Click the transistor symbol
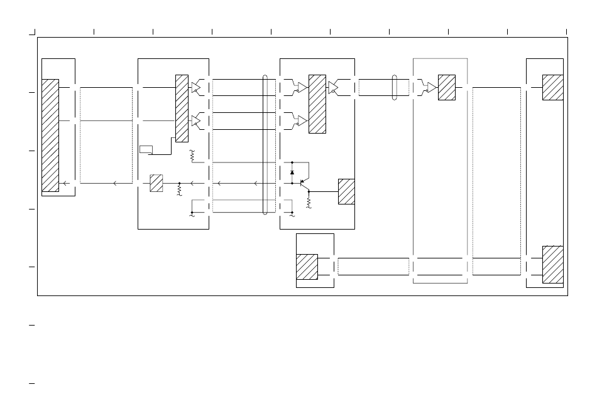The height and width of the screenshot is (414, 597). (x=304, y=184)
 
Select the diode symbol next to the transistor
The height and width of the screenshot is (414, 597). (x=292, y=172)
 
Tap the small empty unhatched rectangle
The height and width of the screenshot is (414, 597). (x=146, y=149)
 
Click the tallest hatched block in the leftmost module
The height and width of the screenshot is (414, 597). (x=50, y=135)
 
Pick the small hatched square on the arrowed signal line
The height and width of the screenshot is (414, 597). (x=156, y=183)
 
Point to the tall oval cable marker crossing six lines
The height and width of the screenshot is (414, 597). (x=265, y=145)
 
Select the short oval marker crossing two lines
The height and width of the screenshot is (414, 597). (x=395, y=87)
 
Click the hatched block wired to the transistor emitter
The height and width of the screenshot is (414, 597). (x=346, y=191)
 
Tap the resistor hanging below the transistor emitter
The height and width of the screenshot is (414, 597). (x=309, y=202)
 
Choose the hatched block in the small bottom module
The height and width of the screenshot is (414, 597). (x=307, y=267)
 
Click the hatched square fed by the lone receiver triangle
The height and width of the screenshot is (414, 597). (x=447, y=87)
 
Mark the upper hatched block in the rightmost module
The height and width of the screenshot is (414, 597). (x=552, y=87)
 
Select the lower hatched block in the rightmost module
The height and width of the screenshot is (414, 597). (x=552, y=265)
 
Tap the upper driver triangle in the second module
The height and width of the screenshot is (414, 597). (x=195, y=87)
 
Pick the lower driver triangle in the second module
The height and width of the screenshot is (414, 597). (x=195, y=120)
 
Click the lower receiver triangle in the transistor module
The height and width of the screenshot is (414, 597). (x=302, y=120)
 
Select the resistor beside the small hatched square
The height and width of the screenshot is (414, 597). (x=180, y=189)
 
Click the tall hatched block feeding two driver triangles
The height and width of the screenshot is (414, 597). (x=182, y=108)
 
